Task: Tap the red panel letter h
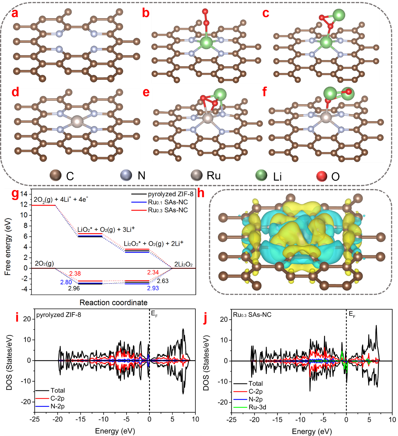pos(201,193)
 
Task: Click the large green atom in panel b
pos(206,43)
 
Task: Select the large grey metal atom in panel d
pos(77,121)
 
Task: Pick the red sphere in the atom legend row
pos(322,176)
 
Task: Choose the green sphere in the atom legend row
pos(261,175)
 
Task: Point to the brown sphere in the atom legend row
pos(55,175)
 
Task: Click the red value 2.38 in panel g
pos(75,274)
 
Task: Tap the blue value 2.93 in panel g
pos(153,288)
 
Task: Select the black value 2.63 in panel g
pos(163,281)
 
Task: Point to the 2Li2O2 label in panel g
pos(183,264)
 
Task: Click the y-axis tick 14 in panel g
pos(24,194)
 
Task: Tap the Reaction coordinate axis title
pos(113,302)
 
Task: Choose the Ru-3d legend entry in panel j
pos(257,407)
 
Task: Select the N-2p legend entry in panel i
pos(57,406)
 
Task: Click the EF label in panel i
pos(154,314)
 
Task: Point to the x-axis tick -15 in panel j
pos(277,419)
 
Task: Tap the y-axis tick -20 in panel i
pos(27,402)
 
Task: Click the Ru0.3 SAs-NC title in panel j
pos(252,315)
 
